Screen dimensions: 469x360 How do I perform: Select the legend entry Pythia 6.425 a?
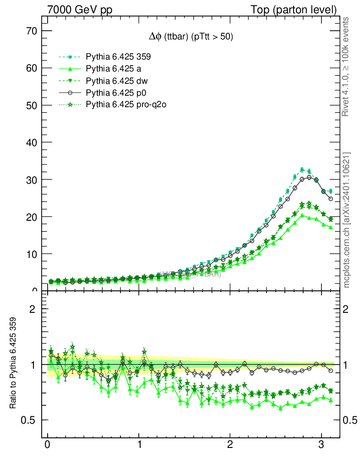coord(113,69)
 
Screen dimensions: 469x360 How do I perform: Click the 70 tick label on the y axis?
coord(31,31)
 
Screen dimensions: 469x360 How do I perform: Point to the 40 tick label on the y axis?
coord(31,142)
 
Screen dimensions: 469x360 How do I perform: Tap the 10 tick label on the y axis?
coord(31,254)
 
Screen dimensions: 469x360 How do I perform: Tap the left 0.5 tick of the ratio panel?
coord(29,420)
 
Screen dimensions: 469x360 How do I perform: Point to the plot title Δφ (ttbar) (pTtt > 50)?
coord(188,37)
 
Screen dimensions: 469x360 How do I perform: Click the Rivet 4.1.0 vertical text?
coord(346,66)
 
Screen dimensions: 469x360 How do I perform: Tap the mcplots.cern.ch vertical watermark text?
coord(346,220)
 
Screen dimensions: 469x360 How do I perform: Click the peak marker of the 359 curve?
coord(302,169)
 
